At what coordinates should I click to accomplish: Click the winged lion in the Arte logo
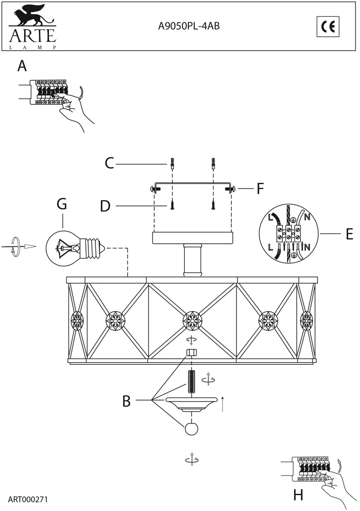(x=31, y=18)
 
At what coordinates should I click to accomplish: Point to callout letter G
(x=62, y=204)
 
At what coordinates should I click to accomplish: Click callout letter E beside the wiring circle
(x=349, y=234)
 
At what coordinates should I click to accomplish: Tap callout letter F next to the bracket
(x=260, y=189)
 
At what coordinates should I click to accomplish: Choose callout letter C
(x=109, y=164)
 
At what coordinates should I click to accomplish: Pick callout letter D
(x=105, y=206)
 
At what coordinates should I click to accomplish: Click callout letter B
(x=126, y=402)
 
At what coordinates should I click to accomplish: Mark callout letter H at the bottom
(x=299, y=495)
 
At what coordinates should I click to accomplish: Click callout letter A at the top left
(x=21, y=66)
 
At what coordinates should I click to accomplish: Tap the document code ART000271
(x=28, y=498)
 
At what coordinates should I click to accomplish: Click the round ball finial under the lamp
(x=191, y=429)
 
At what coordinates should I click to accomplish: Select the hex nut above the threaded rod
(x=192, y=353)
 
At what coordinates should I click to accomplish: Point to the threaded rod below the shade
(x=192, y=381)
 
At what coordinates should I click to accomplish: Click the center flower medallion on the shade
(x=192, y=321)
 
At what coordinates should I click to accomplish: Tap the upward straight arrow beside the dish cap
(x=223, y=403)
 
